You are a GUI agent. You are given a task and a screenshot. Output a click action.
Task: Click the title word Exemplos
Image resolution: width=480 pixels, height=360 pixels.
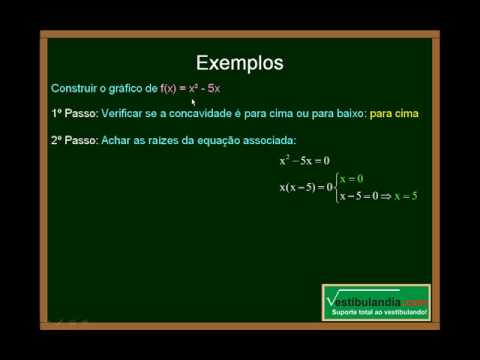[239, 63]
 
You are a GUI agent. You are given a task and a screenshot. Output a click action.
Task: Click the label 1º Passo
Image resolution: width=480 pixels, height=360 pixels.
[72, 113]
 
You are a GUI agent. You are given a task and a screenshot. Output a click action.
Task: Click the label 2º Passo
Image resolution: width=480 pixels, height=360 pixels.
[72, 138]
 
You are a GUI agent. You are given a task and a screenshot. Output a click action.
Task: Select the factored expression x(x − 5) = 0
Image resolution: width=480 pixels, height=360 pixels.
[306, 186]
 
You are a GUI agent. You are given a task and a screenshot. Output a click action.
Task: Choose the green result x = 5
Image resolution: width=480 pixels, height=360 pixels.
[405, 195]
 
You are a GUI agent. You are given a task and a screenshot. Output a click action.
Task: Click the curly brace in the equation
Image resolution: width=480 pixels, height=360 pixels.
[337, 186]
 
